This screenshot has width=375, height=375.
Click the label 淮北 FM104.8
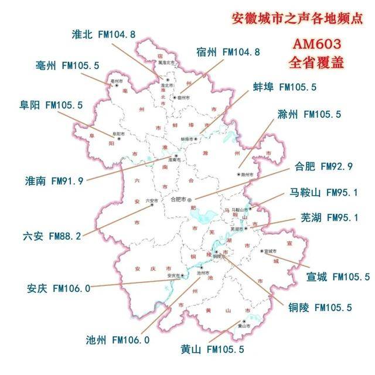pos(103,35)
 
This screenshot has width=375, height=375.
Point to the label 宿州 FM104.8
pos(228,52)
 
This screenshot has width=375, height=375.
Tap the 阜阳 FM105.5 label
pos(51,105)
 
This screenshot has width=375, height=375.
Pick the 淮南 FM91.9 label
pos(54,180)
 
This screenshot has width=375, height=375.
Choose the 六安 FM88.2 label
pos(52,236)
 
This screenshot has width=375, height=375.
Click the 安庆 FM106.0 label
pos(59,288)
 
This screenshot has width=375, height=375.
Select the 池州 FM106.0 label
pos(118,339)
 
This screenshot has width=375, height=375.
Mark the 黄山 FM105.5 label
pos(212,350)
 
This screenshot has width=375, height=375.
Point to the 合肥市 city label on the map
pos(178,199)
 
